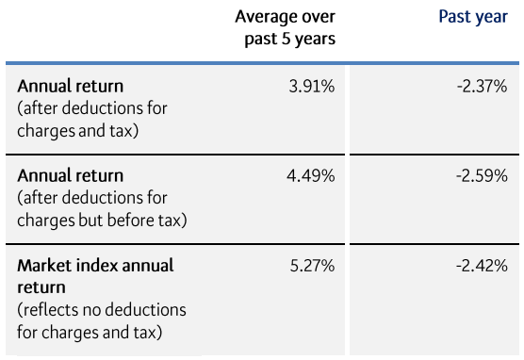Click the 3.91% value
pyautogui.click(x=311, y=87)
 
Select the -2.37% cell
pyautogui.click(x=481, y=87)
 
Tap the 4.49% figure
pyautogui.click(x=311, y=176)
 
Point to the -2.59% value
pyautogui.click(x=481, y=176)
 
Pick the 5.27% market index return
pyautogui.click(x=311, y=266)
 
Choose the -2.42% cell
pyautogui.click(x=481, y=266)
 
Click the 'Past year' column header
pyautogui.click(x=473, y=17)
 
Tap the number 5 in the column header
pyautogui.click(x=281, y=39)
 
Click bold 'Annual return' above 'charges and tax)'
pyautogui.click(x=70, y=87)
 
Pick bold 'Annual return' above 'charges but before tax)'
pyautogui.click(x=70, y=176)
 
